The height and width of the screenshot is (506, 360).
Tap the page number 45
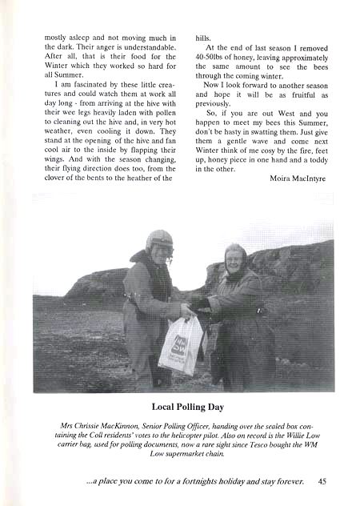tap(321, 481)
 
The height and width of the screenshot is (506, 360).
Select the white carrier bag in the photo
tap(180, 343)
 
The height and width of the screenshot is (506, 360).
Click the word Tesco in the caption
tap(259, 444)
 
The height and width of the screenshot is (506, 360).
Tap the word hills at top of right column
tap(203, 37)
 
